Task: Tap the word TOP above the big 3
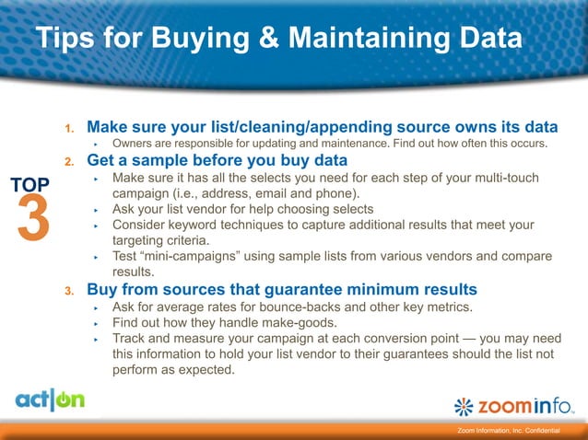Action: [31, 185]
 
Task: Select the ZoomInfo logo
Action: [516, 405]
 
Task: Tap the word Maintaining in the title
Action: [365, 40]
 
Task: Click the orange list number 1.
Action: [69, 127]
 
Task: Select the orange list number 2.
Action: [69, 162]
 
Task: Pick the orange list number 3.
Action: [69, 292]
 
